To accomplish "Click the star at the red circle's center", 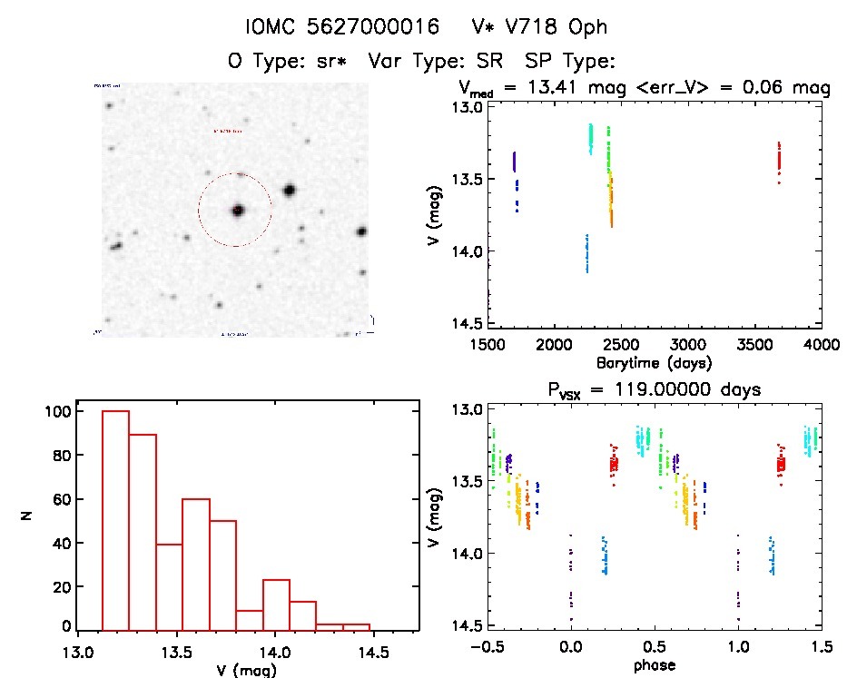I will (x=238, y=210).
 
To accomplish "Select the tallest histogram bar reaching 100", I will (x=115, y=519).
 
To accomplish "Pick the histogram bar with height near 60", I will (x=195, y=563).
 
